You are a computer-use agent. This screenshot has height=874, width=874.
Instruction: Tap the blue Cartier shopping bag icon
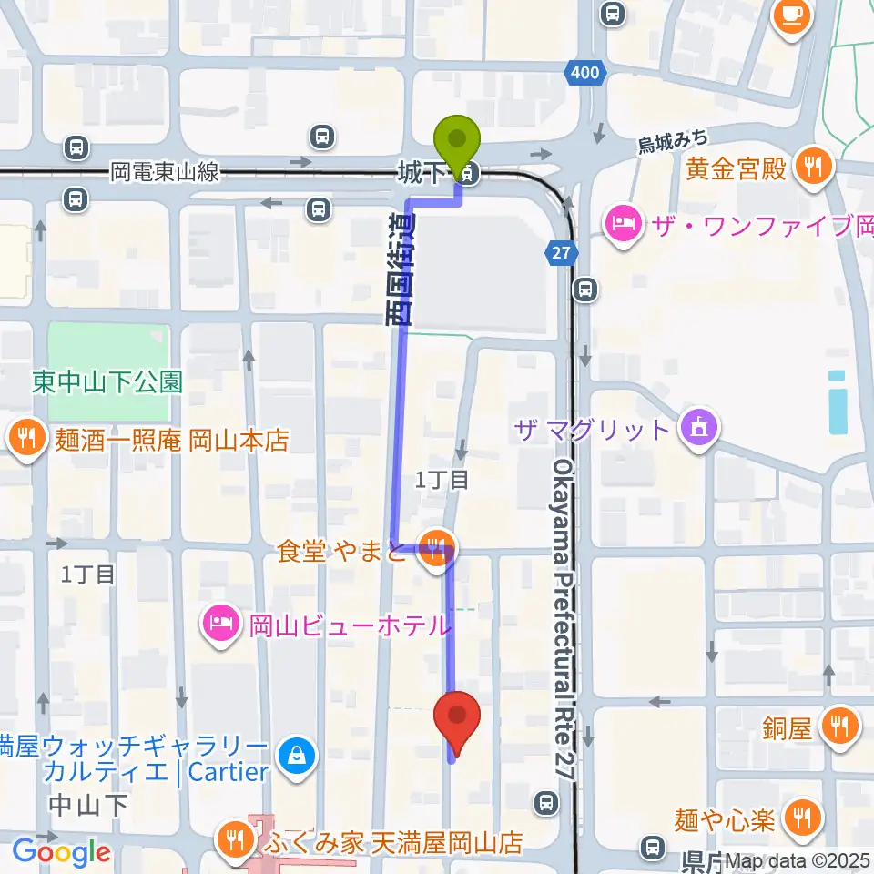click(x=297, y=754)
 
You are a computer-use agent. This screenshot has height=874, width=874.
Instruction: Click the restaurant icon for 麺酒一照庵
click(x=27, y=441)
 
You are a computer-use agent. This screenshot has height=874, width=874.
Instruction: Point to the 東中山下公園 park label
click(x=107, y=381)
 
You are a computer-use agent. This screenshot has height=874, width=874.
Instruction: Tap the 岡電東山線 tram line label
click(x=165, y=171)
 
